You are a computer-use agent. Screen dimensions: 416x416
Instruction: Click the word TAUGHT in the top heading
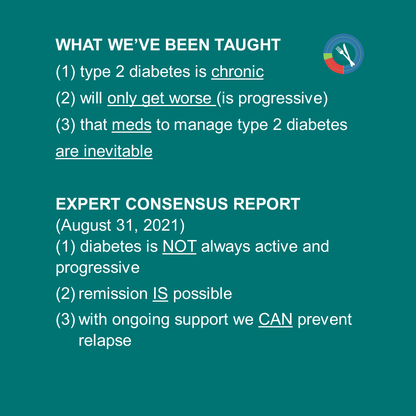(247, 44)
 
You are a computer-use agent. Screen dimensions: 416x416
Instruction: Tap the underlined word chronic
(237, 72)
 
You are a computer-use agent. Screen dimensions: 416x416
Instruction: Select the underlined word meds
(132, 125)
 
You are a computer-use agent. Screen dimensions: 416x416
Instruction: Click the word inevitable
(118, 151)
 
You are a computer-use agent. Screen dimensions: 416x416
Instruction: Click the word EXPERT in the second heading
(88, 204)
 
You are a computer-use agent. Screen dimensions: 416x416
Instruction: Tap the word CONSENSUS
(177, 204)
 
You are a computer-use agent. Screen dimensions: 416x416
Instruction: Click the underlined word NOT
(180, 247)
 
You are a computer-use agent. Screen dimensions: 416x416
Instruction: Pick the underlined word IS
(160, 294)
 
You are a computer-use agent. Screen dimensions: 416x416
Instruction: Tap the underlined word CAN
(276, 319)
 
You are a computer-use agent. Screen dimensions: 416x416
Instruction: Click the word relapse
(105, 341)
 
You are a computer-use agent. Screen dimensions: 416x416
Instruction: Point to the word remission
(113, 294)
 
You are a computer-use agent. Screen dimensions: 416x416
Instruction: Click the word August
(86, 226)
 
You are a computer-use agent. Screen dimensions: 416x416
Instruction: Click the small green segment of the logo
(328, 56)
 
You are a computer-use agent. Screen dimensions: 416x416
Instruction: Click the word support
(201, 320)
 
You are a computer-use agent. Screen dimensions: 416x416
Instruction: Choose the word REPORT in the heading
(267, 204)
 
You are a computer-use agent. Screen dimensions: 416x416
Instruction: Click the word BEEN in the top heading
(187, 44)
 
